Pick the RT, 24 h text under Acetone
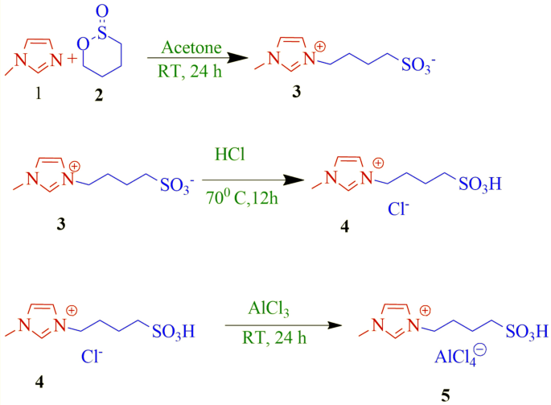[x=191, y=70]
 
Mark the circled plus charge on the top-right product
[x=320, y=45]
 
